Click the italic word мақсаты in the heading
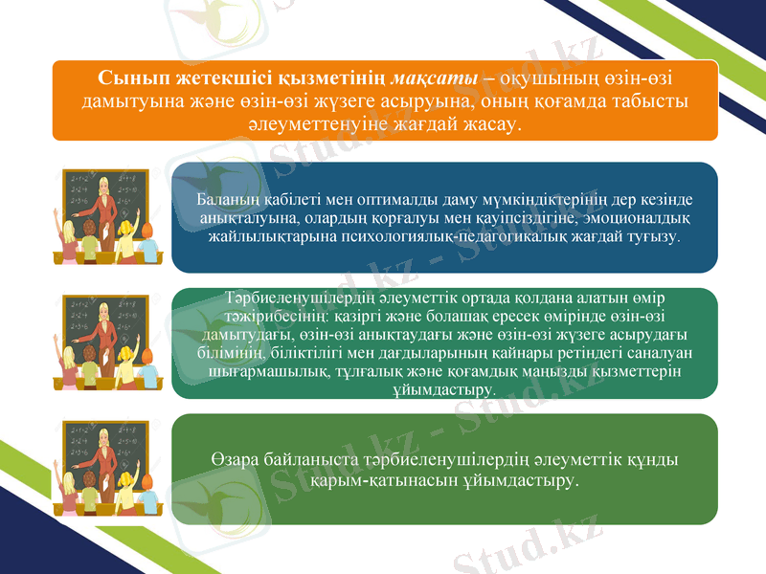[x=436, y=76]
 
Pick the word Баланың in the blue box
[x=222, y=200]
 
